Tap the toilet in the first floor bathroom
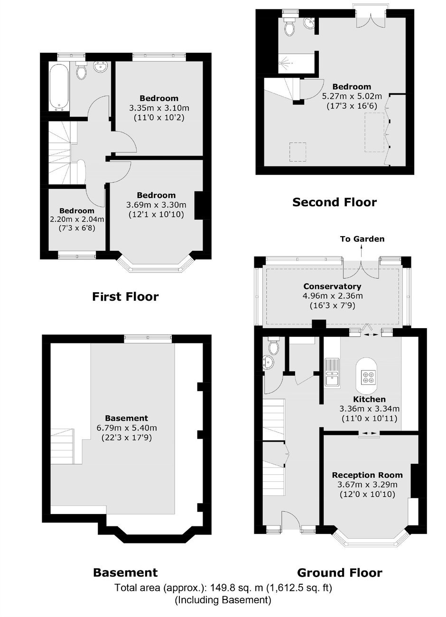click(81, 70)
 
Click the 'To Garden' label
click(362, 239)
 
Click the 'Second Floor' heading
click(334, 202)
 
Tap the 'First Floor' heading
click(125, 297)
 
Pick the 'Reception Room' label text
click(367, 475)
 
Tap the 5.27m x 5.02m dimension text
click(352, 96)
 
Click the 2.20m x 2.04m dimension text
click(77, 219)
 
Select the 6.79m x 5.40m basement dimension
click(127, 428)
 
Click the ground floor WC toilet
click(274, 347)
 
